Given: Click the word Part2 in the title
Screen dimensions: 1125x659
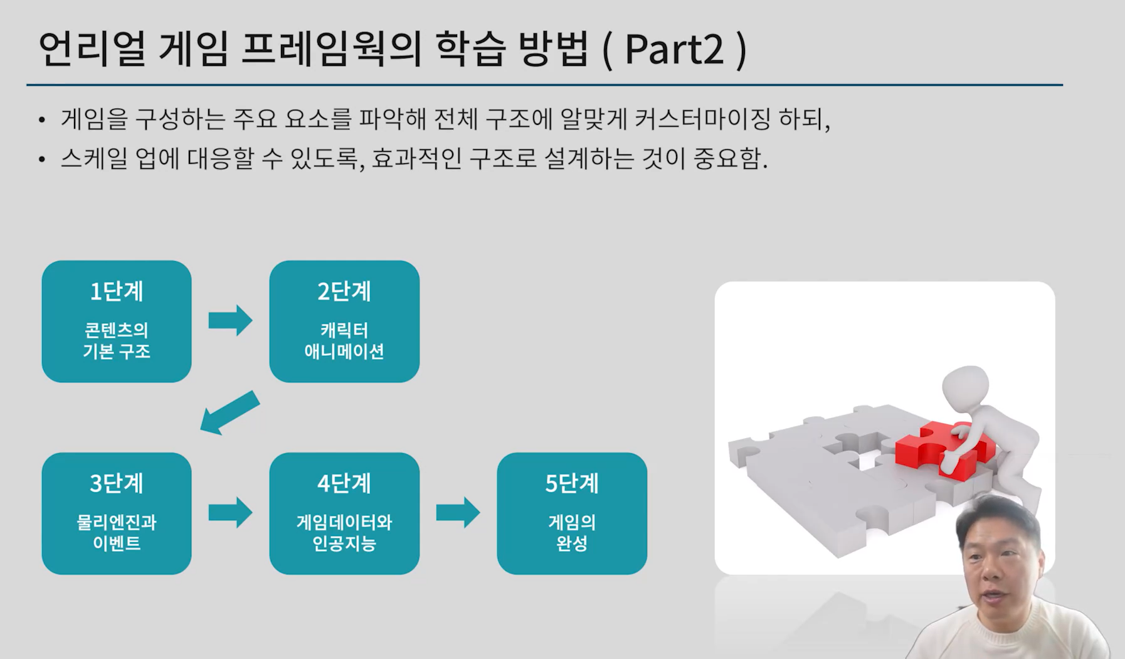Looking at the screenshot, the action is pos(675,49).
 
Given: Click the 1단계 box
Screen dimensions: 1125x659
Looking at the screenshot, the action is pos(117,321).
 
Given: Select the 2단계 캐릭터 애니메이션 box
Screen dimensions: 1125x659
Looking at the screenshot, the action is pos(344,321).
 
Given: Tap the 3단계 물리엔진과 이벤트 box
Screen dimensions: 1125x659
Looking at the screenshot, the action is pos(117,513).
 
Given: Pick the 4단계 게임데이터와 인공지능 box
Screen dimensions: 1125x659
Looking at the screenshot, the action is pos(344,513).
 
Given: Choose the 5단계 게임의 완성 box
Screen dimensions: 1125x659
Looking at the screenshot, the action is pos(572,513).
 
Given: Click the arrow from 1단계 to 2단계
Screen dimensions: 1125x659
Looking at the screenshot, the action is pos(230,321).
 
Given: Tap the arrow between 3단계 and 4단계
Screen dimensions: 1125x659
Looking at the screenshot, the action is pos(230,513).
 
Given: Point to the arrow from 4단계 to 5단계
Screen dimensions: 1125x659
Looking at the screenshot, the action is pos(458,513).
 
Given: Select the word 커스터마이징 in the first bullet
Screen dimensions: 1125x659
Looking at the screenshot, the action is pos(702,119).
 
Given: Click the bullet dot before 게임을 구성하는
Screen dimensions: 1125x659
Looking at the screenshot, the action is pos(42,120).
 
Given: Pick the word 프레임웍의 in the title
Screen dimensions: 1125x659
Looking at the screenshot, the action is pos(331,49).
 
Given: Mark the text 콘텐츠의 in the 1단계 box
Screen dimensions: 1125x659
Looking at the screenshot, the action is pos(117,330).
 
